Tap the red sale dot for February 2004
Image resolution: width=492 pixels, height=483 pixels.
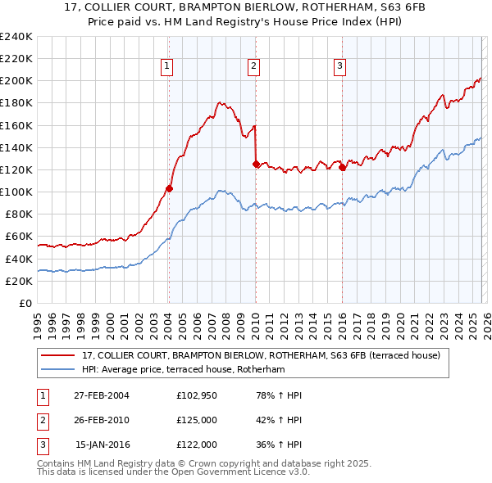coord(170,188)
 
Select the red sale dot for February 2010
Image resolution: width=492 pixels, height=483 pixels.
coord(256,164)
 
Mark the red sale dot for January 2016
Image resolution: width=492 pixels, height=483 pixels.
coord(342,167)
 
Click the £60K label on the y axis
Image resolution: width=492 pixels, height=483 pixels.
coord(18,237)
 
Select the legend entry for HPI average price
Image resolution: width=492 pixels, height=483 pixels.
coord(182,370)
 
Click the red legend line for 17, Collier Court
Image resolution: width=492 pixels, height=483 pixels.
coord(58,355)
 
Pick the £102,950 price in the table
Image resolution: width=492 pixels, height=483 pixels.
coord(196,396)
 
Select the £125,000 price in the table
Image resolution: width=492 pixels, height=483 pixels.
coord(196,420)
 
